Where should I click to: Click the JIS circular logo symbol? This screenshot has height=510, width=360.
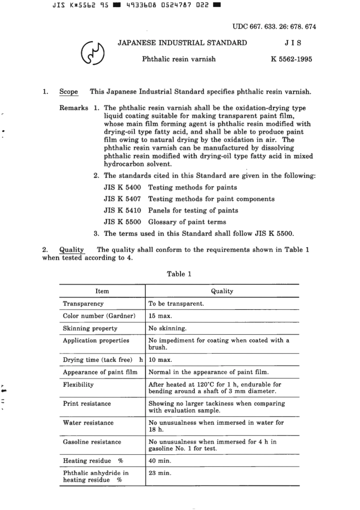[x=92, y=53]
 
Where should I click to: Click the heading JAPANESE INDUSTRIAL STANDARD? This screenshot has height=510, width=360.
[x=182, y=43]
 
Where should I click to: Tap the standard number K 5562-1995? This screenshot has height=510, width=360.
[x=291, y=59]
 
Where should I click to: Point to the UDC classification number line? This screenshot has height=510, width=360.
[x=274, y=27]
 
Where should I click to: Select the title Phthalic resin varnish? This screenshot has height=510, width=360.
[x=179, y=59]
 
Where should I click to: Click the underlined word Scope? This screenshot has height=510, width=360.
[x=69, y=92]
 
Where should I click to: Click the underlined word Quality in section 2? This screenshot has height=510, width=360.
[x=72, y=250]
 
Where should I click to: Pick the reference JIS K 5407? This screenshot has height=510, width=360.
[x=122, y=199]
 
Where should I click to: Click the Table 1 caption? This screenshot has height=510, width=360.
[x=179, y=274]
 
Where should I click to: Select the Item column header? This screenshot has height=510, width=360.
[x=102, y=291]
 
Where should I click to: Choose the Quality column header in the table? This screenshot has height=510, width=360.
[x=222, y=291]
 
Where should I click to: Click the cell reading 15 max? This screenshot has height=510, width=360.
[x=160, y=316]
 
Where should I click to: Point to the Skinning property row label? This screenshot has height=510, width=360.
[x=90, y=329]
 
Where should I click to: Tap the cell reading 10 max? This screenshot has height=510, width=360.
[x=160, y=360]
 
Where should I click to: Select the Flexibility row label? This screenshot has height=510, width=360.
[x=78, y=385]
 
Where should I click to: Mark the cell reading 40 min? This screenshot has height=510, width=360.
[x=160, y=461]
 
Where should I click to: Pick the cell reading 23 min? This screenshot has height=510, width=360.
[x=160, y=473]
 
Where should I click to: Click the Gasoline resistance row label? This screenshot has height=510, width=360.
[x=92, y=442]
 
